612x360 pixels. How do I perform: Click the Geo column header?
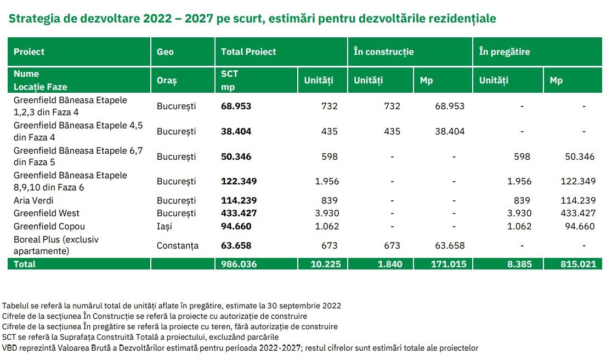click(165, 52)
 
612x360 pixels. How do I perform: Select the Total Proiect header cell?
click(248, 52)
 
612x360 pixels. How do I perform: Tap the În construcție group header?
click(383, 52)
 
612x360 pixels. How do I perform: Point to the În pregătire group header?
click(505, 52)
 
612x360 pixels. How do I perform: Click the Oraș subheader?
click(167, 81)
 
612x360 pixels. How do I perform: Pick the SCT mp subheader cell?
click(230, 80)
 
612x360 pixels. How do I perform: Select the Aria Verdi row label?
click(33, 201)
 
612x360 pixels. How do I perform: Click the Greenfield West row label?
click(47, 213)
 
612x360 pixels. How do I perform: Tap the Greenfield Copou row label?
click(49, 226)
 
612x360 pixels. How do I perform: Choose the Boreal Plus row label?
click(56, 245)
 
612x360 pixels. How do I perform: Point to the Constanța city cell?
click(178, 245)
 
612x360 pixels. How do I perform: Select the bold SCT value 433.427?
click(239, 213)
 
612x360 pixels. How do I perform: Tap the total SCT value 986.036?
click(239, 264)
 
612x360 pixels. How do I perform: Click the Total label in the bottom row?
click(25, 264)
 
